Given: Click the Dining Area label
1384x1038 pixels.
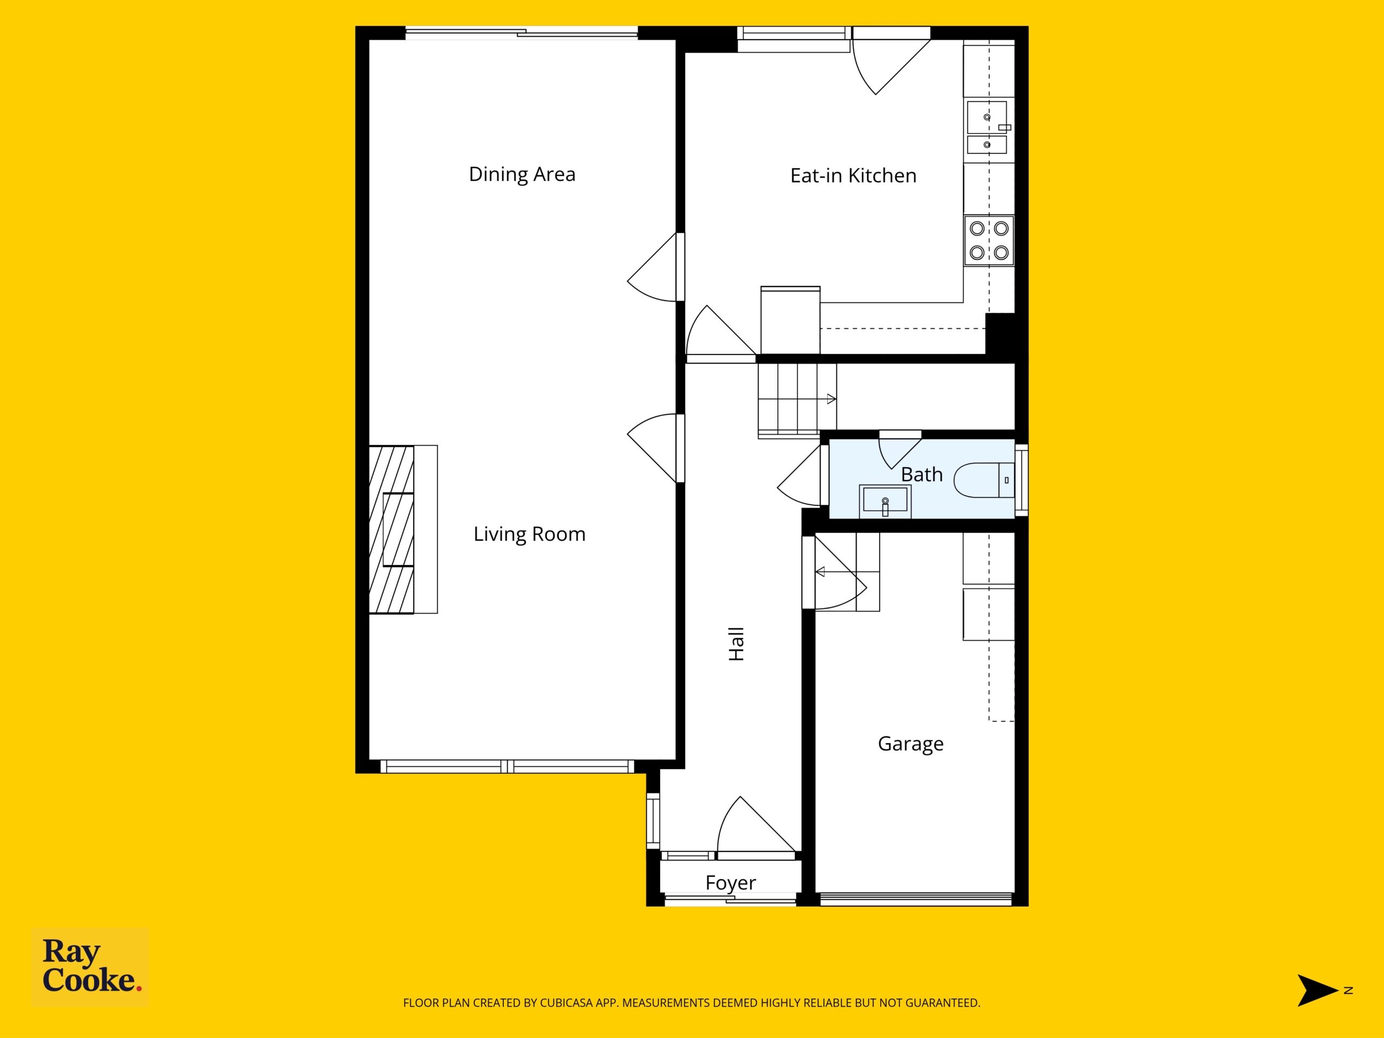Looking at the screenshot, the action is click(522, 175).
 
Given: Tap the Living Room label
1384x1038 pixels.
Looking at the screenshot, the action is click(529, 534).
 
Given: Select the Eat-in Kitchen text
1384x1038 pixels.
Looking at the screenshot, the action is click(854, 176).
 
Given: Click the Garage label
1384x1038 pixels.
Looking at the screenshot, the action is click(910, 744).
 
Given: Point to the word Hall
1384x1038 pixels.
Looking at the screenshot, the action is click(736, 644).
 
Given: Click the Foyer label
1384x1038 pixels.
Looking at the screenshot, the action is click(730, 883).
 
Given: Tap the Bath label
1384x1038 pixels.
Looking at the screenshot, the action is click(922, 475).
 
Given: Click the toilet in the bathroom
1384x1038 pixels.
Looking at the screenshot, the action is click(984, 480).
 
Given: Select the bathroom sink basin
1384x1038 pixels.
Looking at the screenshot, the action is click(884, 501).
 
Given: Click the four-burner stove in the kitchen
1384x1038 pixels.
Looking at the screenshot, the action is click(989, 241).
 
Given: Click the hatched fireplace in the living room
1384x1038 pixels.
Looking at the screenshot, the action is click(391, 529).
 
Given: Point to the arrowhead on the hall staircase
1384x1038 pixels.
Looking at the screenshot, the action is click(831, 399).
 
